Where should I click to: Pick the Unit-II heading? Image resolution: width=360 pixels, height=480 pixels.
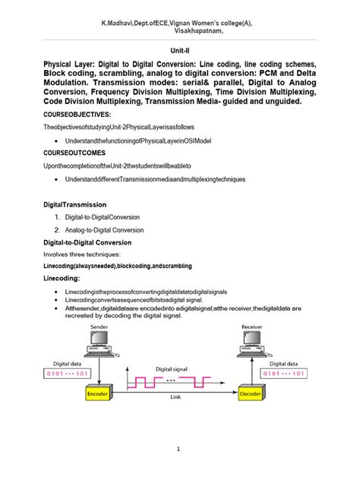180,46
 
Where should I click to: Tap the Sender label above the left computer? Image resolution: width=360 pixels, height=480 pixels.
99,325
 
